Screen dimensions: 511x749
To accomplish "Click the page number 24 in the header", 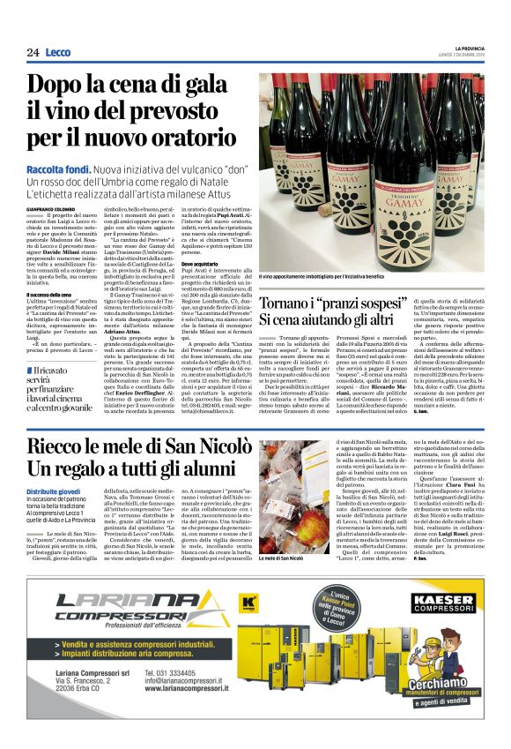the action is [33, 53].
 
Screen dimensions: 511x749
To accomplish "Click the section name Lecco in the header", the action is [58, 53].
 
